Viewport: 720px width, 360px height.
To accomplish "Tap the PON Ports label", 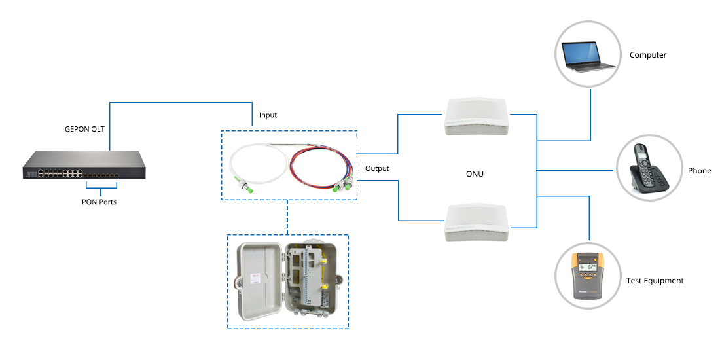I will click(x=99, y=202).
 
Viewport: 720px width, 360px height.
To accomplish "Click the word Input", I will click(x=268, y=115).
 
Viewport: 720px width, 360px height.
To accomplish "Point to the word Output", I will click(x=377, y=169).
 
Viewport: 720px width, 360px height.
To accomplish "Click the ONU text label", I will click(x=476, y=174).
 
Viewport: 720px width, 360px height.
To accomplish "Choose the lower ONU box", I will click(x=476, y=223).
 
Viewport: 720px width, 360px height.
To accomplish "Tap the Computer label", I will click(x=647, y=55).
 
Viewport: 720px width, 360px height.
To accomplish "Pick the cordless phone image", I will click(x=649, y=169).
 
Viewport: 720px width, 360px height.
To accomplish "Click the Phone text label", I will click(x=699, y=171).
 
